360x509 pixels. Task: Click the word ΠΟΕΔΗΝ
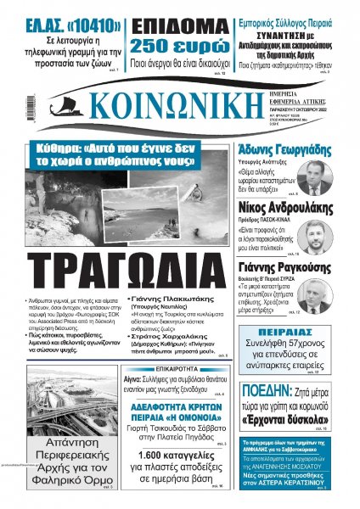pos(269,392)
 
